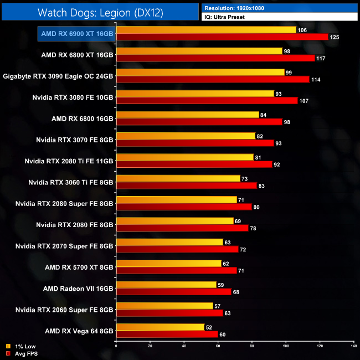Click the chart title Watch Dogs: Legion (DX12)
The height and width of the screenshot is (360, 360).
[x=100, y=12]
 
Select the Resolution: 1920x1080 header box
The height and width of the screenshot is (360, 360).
[x=280, y=8]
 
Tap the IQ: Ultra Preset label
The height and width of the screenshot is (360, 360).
[x=280, y=17]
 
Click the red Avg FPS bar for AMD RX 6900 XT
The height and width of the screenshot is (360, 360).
[x=222, y=37]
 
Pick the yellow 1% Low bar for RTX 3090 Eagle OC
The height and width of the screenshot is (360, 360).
[x=200, y=72]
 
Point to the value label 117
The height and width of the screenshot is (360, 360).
[x=321, y=58]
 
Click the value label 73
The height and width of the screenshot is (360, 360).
[x=244, y=178]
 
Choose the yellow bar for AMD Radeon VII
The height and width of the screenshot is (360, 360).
[x=166, y=285]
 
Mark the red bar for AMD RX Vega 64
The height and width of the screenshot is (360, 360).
[x=167, y=334]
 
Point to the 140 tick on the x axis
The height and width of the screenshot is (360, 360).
[x=353, y=346]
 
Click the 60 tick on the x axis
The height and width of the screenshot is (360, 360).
[x=218, y=346]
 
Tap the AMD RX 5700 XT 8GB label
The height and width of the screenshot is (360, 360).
[x=79, y=267]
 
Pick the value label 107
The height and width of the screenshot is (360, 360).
[x=304, y=101]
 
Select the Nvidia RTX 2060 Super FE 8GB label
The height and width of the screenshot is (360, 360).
[x=64, y=309]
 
